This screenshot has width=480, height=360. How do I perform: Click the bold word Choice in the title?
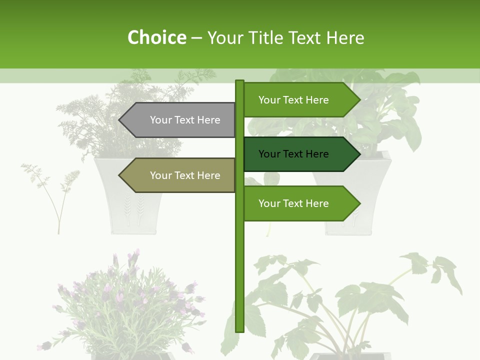[x=156, y=38]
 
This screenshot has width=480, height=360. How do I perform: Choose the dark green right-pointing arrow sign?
[x=300, y=154]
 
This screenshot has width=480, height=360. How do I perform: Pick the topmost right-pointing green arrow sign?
[x=300, y=100]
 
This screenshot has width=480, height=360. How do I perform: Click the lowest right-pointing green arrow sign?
[x=300, y=203]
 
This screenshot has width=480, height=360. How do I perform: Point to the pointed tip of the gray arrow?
[x=120, y=120]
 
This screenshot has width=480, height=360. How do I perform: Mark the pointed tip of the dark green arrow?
[x=359, y=154]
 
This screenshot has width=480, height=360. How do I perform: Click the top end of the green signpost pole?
[x=239, y=82]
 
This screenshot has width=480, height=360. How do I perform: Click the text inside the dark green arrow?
[x=293, y=154]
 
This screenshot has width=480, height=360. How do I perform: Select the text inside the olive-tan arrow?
[x=185, y=175]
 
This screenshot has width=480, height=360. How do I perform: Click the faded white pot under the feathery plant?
[x=127, y=195]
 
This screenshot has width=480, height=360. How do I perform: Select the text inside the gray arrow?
[x=185, y=120]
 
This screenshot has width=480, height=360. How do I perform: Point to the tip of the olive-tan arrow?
[x=120, y=175]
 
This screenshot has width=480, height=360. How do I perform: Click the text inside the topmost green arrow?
[x=293, y=100]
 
